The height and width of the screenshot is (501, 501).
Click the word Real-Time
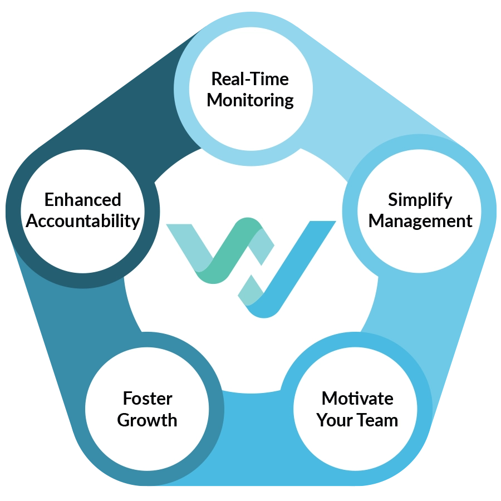[250, 79]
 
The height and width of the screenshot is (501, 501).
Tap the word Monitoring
[250, 100]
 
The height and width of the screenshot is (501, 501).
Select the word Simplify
[420, 200]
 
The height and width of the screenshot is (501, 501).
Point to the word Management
[420, 221]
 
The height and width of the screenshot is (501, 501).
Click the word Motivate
[357, 399]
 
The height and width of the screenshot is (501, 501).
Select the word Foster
[148, 399]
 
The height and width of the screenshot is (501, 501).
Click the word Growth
[147, 420]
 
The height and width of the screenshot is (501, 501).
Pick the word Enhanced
[83, 200]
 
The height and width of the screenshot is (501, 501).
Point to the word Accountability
[83, 221]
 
